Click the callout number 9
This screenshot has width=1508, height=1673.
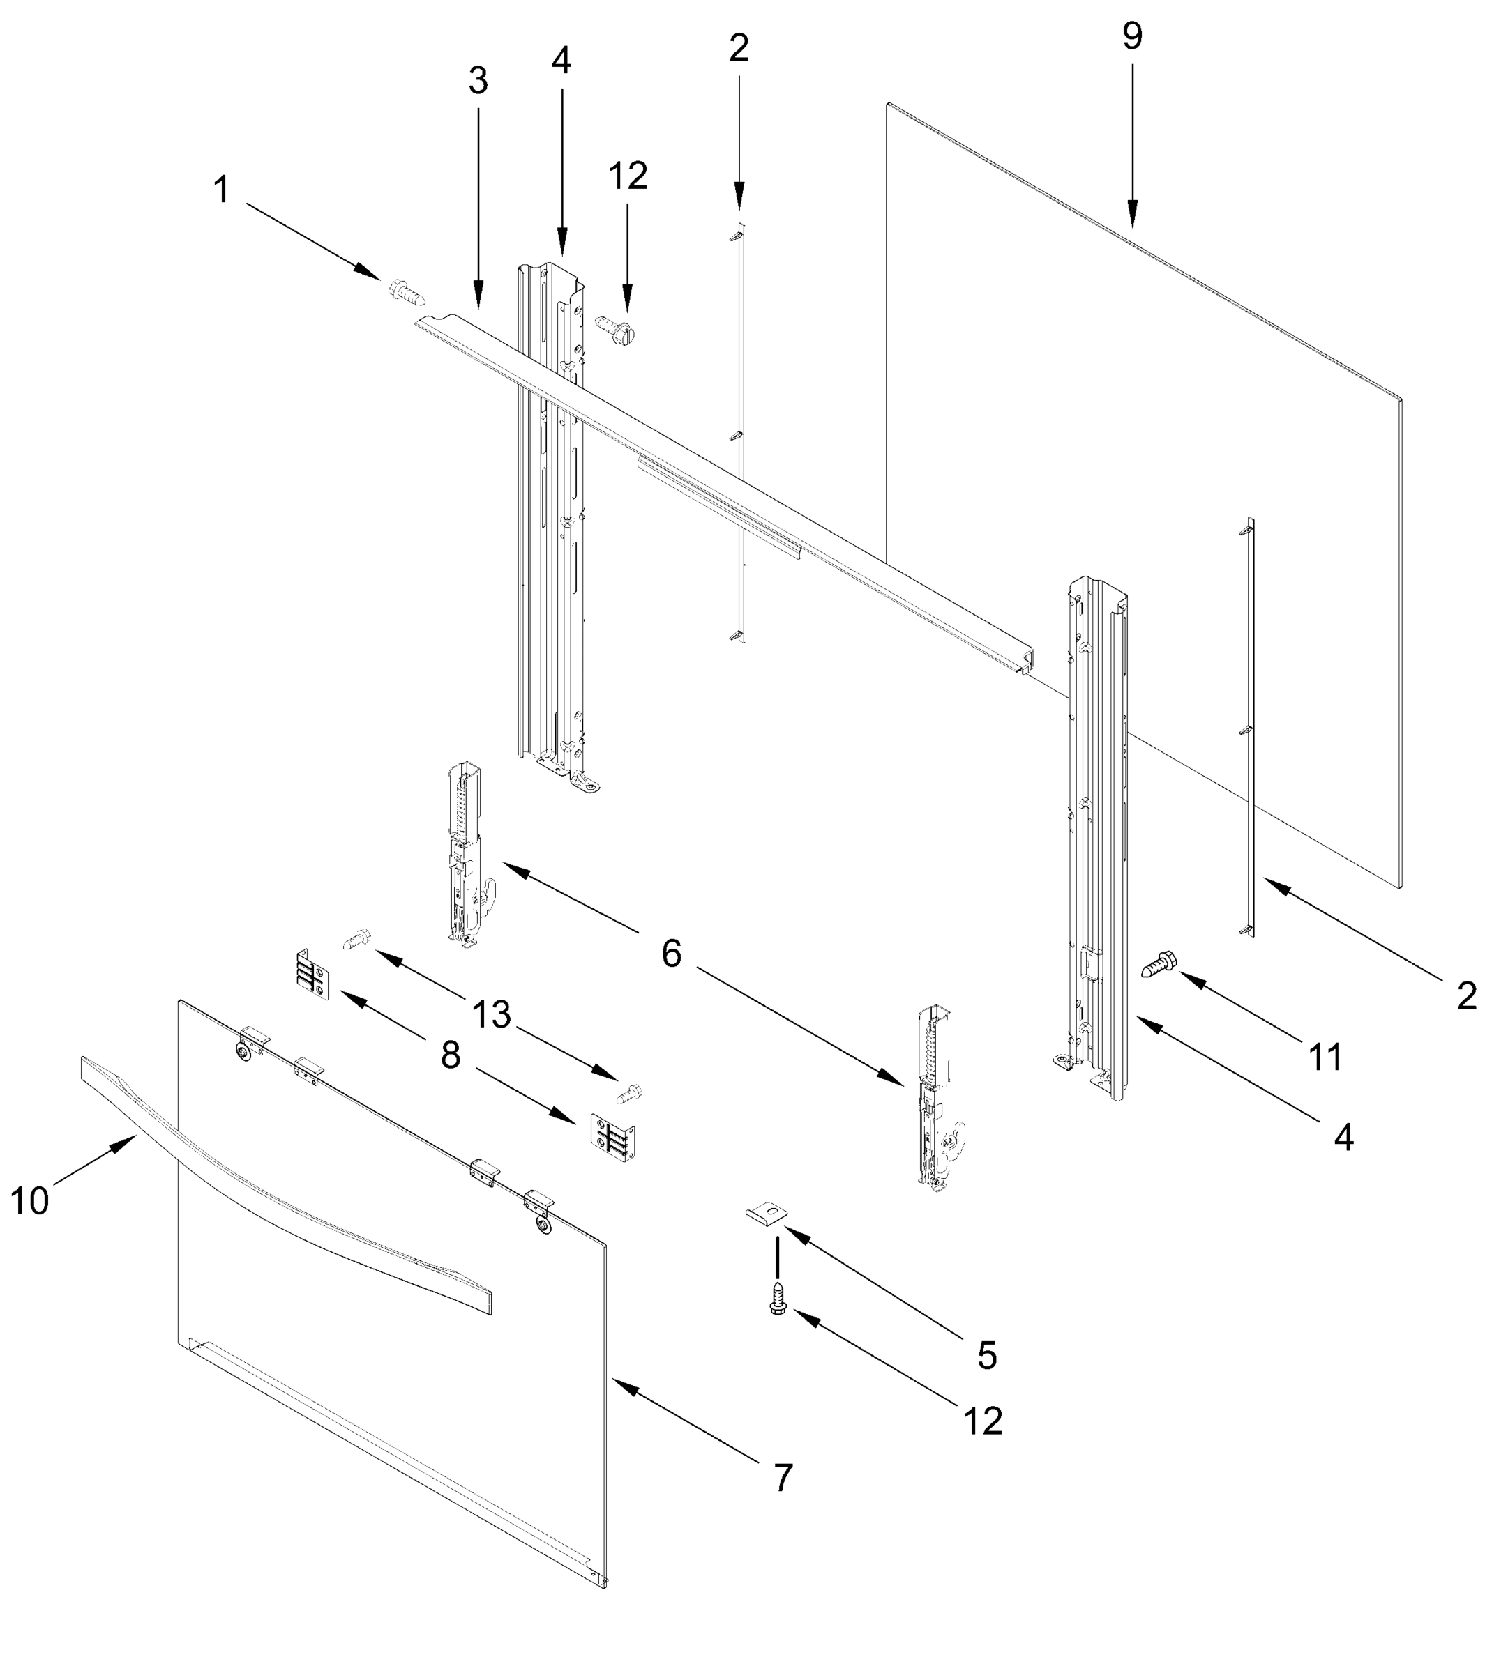pos(1132,36)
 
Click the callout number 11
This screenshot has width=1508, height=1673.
pos(1324,1057)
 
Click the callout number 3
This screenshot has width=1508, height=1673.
pos(478,81)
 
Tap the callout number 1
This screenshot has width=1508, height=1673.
pos(221,190)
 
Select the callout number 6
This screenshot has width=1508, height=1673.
pos(671,954)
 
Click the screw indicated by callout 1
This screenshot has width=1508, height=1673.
pos(407,291)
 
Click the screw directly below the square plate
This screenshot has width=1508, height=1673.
pos(777,1298)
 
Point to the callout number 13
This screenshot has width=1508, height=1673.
pos(491,1014)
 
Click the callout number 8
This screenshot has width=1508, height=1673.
pos(450,1056)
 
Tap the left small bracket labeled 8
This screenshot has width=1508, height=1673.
pos(314,975)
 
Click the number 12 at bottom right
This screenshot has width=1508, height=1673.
pos(983,1421)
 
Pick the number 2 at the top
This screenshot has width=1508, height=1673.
pos(739,49)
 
